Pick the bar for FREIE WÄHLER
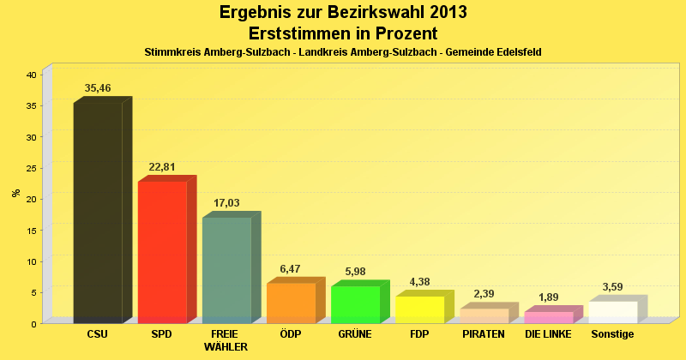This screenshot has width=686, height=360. click(x=226, y=270)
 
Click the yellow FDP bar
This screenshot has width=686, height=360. click(x=419, y=309)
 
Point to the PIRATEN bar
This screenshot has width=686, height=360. click(x=484, y=315)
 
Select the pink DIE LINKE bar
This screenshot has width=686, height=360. click(x=548, y=317)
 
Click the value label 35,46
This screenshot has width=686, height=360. click(x=98, y=88)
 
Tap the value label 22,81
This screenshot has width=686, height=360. click(x=162, y=167)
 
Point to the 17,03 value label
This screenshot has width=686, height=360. click(x=226, y=203)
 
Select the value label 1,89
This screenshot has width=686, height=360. click(x=548, y=297)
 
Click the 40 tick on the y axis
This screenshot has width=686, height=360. click(x=31, y=75)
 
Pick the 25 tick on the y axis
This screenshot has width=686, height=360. click(x=31, y=168)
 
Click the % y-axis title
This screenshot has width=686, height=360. click(x=15, y=192)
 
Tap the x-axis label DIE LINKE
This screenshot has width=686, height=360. click(x=548, y=333)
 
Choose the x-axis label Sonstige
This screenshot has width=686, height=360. click(x=612, y=333)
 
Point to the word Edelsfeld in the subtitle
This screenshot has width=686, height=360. click(x=515, y=52)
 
